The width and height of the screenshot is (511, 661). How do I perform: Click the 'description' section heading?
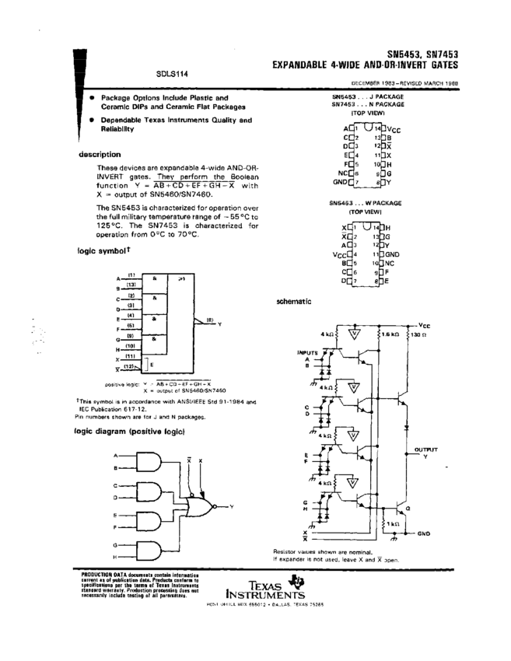(100, 154)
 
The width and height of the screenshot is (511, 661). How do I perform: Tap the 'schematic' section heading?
(294, 301)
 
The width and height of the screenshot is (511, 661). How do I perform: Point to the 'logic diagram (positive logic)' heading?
(128, 430)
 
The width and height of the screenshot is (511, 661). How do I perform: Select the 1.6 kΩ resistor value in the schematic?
(390, 334)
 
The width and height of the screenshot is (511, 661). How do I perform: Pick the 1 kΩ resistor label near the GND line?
(393, 523)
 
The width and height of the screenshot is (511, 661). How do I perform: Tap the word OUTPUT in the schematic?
(425, 449)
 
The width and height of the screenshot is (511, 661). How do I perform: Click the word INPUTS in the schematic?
(309, 352)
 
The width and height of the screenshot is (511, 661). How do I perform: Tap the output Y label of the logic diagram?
(232, 506)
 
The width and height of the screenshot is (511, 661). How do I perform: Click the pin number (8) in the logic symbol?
(208, 319)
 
